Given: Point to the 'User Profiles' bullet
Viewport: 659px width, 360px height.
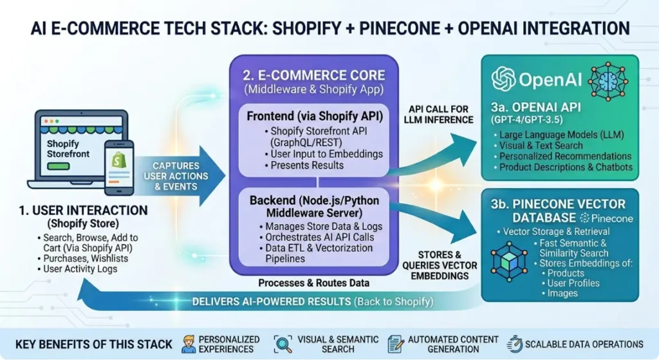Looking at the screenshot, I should coord(573,283).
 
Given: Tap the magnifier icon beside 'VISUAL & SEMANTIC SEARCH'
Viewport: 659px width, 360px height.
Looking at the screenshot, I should coord(283,343).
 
